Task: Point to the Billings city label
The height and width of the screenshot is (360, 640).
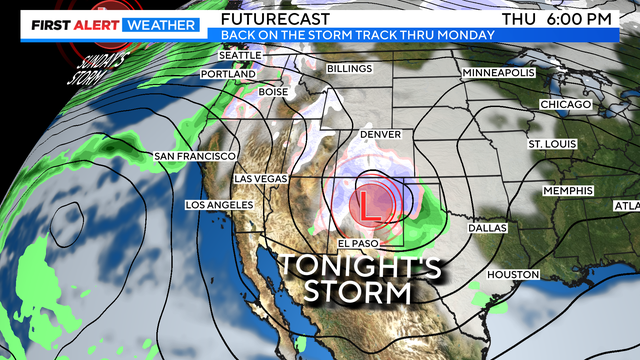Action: pos(349,68)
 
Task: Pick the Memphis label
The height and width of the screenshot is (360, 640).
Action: pos(567,190)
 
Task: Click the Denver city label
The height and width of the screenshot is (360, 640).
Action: pos(379,134)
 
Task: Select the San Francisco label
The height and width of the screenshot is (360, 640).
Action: pos(194,156)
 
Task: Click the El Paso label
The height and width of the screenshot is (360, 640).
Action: pos(357,244)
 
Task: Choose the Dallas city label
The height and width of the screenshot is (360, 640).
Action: pos(486,228)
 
